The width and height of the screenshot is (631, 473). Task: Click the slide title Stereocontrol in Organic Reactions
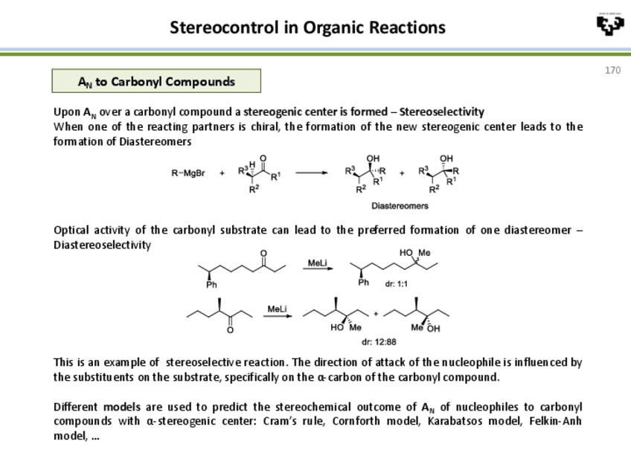point(307,28)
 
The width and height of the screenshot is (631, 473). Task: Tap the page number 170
point(612,70)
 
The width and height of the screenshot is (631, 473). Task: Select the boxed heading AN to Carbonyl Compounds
point(156,81)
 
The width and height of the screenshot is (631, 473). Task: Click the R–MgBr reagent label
point(188,174)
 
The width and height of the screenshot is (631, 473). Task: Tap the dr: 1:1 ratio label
point(397,283)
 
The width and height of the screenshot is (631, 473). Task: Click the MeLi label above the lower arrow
point(278,308)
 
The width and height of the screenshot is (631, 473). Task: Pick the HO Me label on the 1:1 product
point(414,253)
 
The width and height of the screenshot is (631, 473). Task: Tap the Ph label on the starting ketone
point(212,284)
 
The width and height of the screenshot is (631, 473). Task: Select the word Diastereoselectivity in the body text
point(102,245)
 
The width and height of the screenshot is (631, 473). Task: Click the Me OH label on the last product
point(425,327)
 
